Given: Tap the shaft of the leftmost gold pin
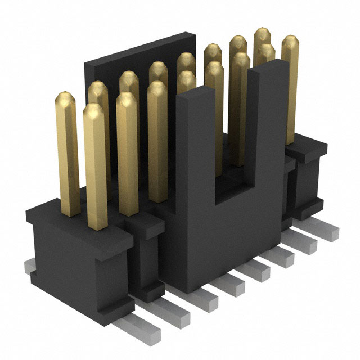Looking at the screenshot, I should click(68, 152).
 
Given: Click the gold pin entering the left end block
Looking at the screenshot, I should click(96, 169).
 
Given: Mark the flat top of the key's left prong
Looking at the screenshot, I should click(192, 97).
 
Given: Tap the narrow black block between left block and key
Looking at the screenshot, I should click(146, 253).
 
